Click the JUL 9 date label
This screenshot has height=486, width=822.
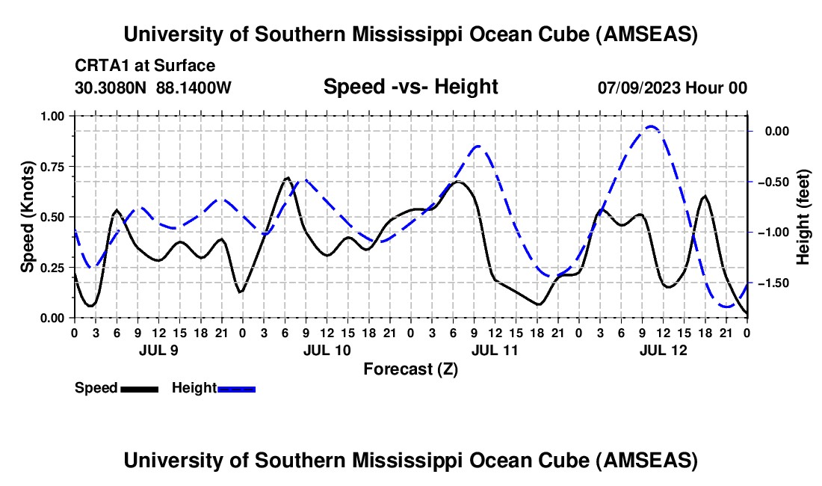(157, 349)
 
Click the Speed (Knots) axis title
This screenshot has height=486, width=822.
(28, 217)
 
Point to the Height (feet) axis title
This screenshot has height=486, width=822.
(804, 217)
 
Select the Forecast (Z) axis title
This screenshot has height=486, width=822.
(410, 369)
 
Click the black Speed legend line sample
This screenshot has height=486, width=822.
(139, 388)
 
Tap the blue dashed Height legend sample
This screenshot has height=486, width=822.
(236, 388)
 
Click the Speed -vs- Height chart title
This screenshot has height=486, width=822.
(410, 87)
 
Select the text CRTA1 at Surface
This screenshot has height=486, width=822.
(145, 66)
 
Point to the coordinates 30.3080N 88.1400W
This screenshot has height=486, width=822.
(153, 87)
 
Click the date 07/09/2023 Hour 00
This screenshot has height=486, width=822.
(672, 87)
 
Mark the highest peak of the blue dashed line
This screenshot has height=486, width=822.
(650, 126)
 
